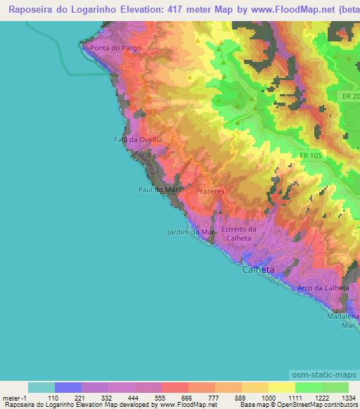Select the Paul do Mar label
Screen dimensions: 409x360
[x=156, y=189]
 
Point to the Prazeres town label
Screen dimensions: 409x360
[x=210, y=191]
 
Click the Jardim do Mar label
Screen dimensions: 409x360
[x=191, y=232]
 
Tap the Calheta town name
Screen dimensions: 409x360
[x=258, y=270]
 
